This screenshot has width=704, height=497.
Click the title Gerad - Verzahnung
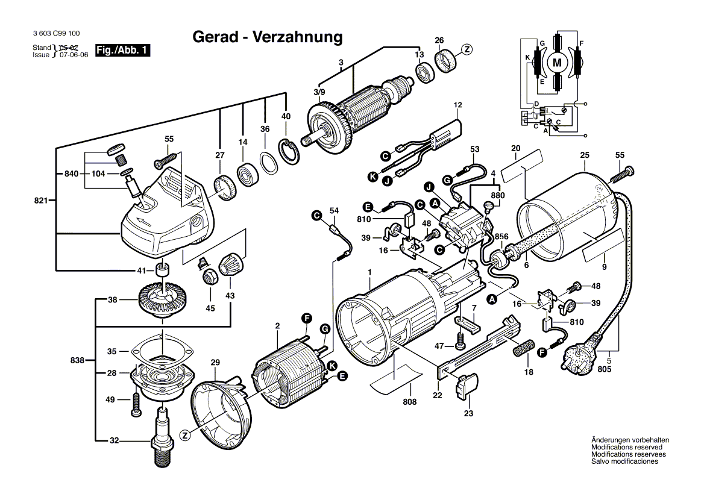point(267,37)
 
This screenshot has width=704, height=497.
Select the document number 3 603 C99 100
point(54,34)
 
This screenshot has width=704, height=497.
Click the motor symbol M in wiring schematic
point(557,61)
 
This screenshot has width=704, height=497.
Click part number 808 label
point(410,401)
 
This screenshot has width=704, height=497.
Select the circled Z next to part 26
point(467,49)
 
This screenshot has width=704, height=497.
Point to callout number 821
point(41,200)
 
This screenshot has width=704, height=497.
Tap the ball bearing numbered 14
point(247,175)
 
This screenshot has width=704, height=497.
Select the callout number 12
point(457,105)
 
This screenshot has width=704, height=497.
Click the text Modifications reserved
point(626,447)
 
